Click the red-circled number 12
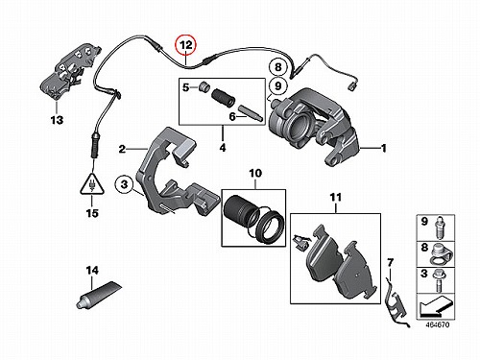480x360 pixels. (186, 45)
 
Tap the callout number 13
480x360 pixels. (57, 120)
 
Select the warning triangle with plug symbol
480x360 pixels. (92, 184)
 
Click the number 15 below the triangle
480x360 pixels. (92, 213)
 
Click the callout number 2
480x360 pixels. (122, 149)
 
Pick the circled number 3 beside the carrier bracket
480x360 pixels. (124, 184)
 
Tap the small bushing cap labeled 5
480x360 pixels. (204, 86)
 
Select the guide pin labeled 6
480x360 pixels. (251, 112)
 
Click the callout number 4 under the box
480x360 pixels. (223, 148)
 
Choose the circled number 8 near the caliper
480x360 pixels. (278, 67)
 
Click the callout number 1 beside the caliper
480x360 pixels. (384, 148)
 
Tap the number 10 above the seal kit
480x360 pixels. (255, 174)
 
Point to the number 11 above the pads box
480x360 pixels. (336, 198)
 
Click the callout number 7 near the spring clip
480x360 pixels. (390, 263)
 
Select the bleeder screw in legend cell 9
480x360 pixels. (440, 228)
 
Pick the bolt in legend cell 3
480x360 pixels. (438, 280)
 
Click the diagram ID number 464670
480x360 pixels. (438, 324)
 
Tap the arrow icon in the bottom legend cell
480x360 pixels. (435, 306)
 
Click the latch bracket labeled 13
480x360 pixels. (69, 72)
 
